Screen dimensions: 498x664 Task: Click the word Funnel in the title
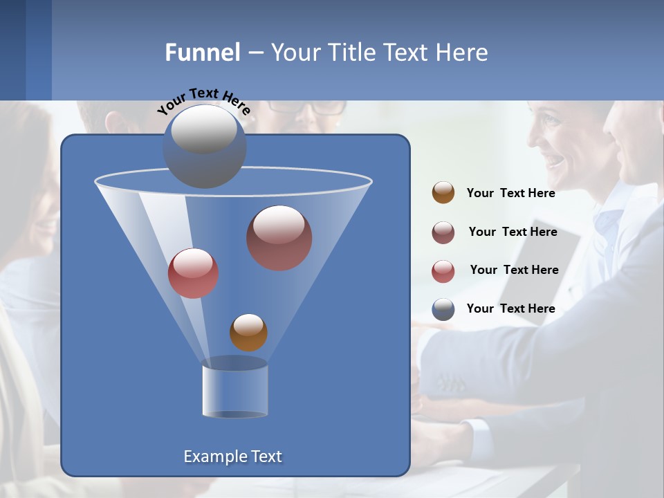coord(202,53)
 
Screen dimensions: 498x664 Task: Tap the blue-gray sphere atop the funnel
coord(205,146)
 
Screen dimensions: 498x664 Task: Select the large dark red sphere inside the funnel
coord(279,238)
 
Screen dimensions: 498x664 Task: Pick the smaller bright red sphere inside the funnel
coord(193,273)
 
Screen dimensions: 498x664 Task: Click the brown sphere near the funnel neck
coord(248,332)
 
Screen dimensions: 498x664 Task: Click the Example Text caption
coord(232,456)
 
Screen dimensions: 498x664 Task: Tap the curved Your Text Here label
coord(203,100)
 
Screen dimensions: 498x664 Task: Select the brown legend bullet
coord(443,193)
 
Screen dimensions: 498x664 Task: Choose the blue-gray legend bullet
coord(443,309)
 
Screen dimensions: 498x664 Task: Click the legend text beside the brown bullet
coord(510,194)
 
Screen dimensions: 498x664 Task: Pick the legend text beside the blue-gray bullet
coord(510,308)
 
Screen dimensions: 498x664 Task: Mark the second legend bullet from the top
coord(443,232)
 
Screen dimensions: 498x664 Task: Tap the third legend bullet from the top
coord(443,271)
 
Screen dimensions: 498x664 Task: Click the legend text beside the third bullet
coord(514,270)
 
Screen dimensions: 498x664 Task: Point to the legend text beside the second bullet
coord(513,232)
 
